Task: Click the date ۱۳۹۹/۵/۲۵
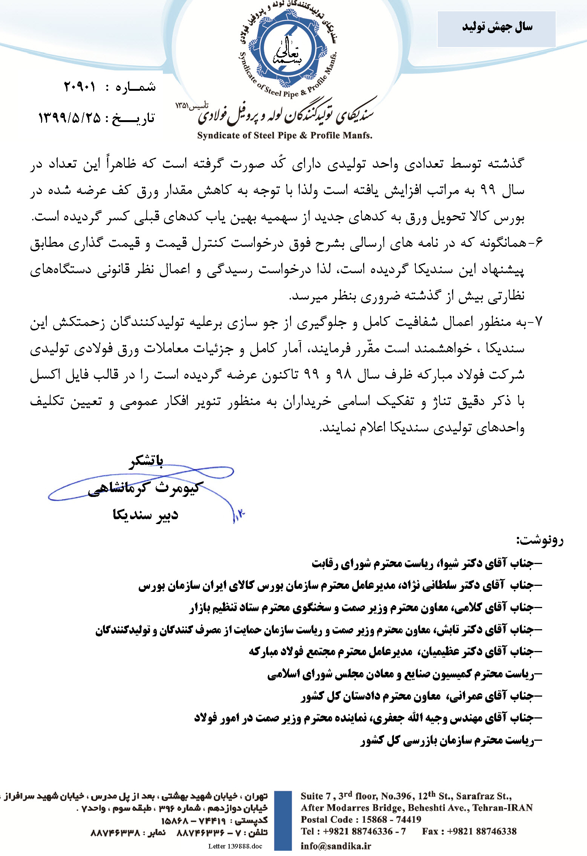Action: (x=70, y=118)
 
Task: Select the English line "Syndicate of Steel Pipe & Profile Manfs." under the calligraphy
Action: (x=285, y=136)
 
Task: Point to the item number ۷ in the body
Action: (x=538, y=322)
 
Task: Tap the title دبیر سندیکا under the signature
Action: (x=146, y=515)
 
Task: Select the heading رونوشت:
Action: (x=540, y=540)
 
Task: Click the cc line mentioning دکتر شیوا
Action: (x=426, y=563)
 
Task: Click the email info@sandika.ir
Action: (x=336, y=846)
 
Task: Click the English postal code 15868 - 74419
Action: (x=391, y=819)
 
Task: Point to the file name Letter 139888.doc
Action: (x=235, y=846)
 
